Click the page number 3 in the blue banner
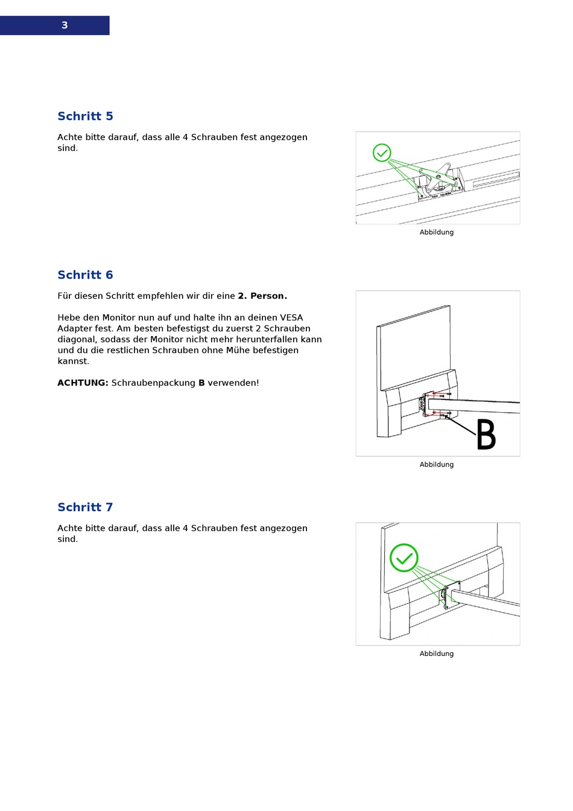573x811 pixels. click(x=65, y=25)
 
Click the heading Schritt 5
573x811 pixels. click(x=85, y=116)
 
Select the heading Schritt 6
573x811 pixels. click(x=85, y=275)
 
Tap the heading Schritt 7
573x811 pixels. click(x=85, y=507)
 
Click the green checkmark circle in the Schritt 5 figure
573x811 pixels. click(x=382, y=153)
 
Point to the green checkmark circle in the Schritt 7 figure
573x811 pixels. click(x=404, y=558)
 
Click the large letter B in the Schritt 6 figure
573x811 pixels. click(x=486, y=435)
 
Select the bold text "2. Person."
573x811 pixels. click(x=262, y=296)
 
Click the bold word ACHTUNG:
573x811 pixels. click(x=83, y=383)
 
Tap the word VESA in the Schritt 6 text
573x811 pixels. click(x=291, y=318)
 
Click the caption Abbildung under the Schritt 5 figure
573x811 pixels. click(x=437, y=232)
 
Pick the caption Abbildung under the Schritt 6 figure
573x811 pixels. click(x=437, y=465)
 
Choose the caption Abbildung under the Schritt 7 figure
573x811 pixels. click(x=437, y=654)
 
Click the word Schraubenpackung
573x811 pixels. click(x=153, y=383)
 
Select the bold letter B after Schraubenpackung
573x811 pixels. click(x=201, y=383)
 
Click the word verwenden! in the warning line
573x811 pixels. click(x=233, y=383)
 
